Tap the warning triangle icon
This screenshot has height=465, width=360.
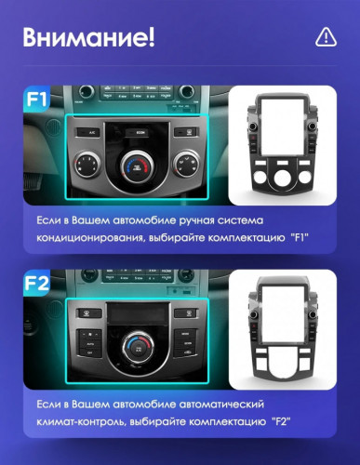(325, 37)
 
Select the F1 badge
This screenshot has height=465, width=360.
(38, 97)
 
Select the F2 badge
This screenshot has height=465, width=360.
(37, 281)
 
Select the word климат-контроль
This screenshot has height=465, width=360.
(79, 423)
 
